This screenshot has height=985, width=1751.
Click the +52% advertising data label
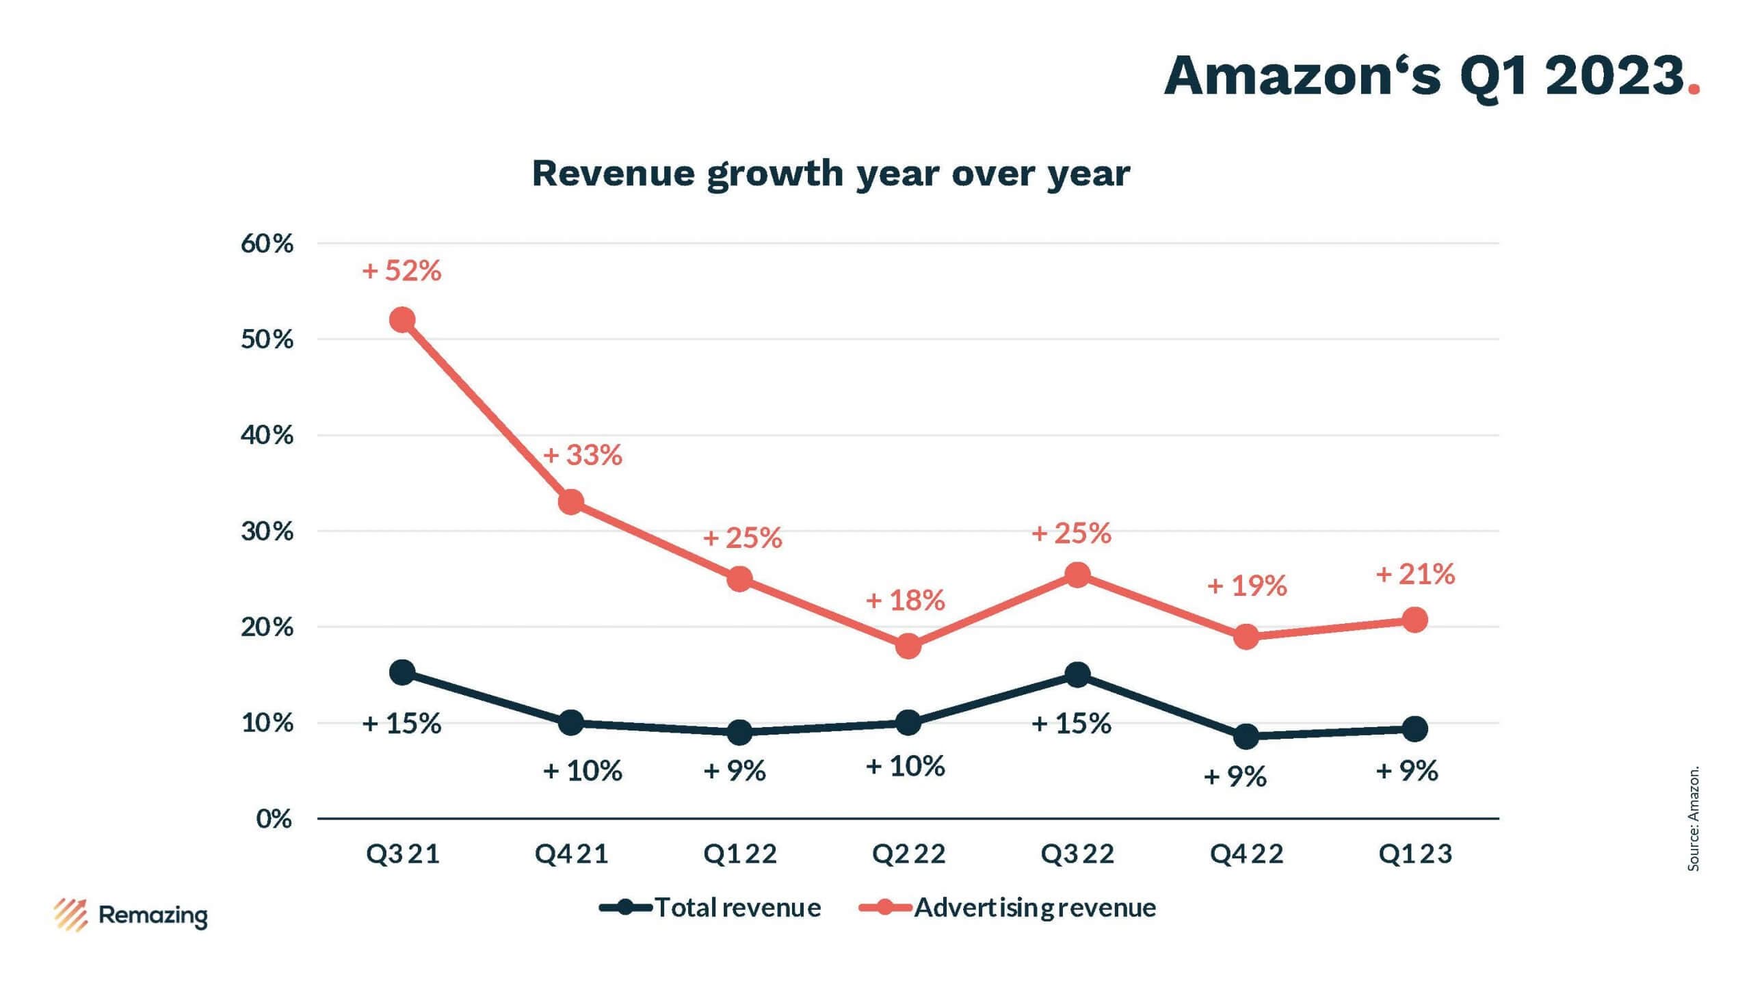coord(401,271)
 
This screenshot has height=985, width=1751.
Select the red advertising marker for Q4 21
coord(571,503)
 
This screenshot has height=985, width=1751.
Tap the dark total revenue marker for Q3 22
coord(1077,675)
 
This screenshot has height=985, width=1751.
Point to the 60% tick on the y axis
coord(267,244)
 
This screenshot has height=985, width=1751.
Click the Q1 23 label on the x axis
coord(1414,854)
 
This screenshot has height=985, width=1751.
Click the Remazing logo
coord(131,915)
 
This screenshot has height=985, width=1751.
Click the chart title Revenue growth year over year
coord(830,173)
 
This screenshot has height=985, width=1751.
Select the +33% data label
coord(583,456)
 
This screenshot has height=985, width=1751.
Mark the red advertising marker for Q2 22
coord(908,646)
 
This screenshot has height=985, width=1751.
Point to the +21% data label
coord(1415,575)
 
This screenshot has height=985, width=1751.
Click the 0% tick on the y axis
coord(274,819)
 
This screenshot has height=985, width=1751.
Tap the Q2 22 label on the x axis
coord(908,854)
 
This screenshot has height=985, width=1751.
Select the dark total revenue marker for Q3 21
coord(402,672)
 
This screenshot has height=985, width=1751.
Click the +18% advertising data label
coord(906,601)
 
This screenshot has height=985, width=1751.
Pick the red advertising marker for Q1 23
coord(1414,620)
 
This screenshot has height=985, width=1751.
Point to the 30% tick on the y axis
coord(267,531)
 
